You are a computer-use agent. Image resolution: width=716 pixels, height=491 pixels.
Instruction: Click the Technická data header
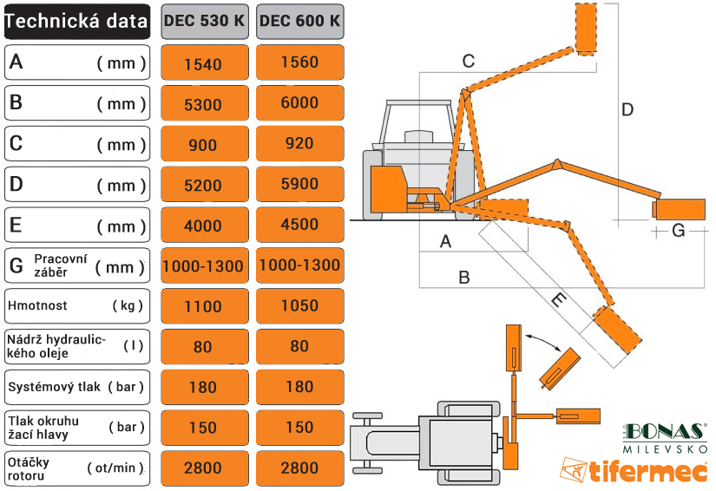click(x=76, y=22)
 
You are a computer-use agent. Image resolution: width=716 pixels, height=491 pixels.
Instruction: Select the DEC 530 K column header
click(x=203, y=22)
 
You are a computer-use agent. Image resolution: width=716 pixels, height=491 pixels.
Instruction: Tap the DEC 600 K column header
click(x=299, y=22)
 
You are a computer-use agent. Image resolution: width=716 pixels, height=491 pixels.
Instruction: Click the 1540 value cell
click(x=203, y=63)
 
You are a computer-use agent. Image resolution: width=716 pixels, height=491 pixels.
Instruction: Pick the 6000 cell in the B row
click(x=299, y=103)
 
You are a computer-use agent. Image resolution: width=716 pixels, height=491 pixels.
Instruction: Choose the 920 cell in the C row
click(x=299, y=144)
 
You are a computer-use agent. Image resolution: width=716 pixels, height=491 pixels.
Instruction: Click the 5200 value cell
click(x=203, y=185)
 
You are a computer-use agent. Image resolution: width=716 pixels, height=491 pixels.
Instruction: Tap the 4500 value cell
click(x=299, y=225)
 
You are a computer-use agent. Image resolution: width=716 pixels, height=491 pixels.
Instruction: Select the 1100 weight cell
click(x=203, y=306)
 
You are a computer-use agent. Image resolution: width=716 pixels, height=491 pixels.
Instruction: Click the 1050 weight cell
click(x=299, y=306)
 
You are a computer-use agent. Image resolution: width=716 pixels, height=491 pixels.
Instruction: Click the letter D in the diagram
click(x=627, y=110)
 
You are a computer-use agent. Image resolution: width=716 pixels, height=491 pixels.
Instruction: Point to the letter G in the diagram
click(x=679, y=230)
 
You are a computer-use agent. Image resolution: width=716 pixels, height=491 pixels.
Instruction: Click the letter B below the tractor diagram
click(x=464, y=278)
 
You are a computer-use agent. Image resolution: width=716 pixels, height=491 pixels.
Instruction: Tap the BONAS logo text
click(x=664, y=432)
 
